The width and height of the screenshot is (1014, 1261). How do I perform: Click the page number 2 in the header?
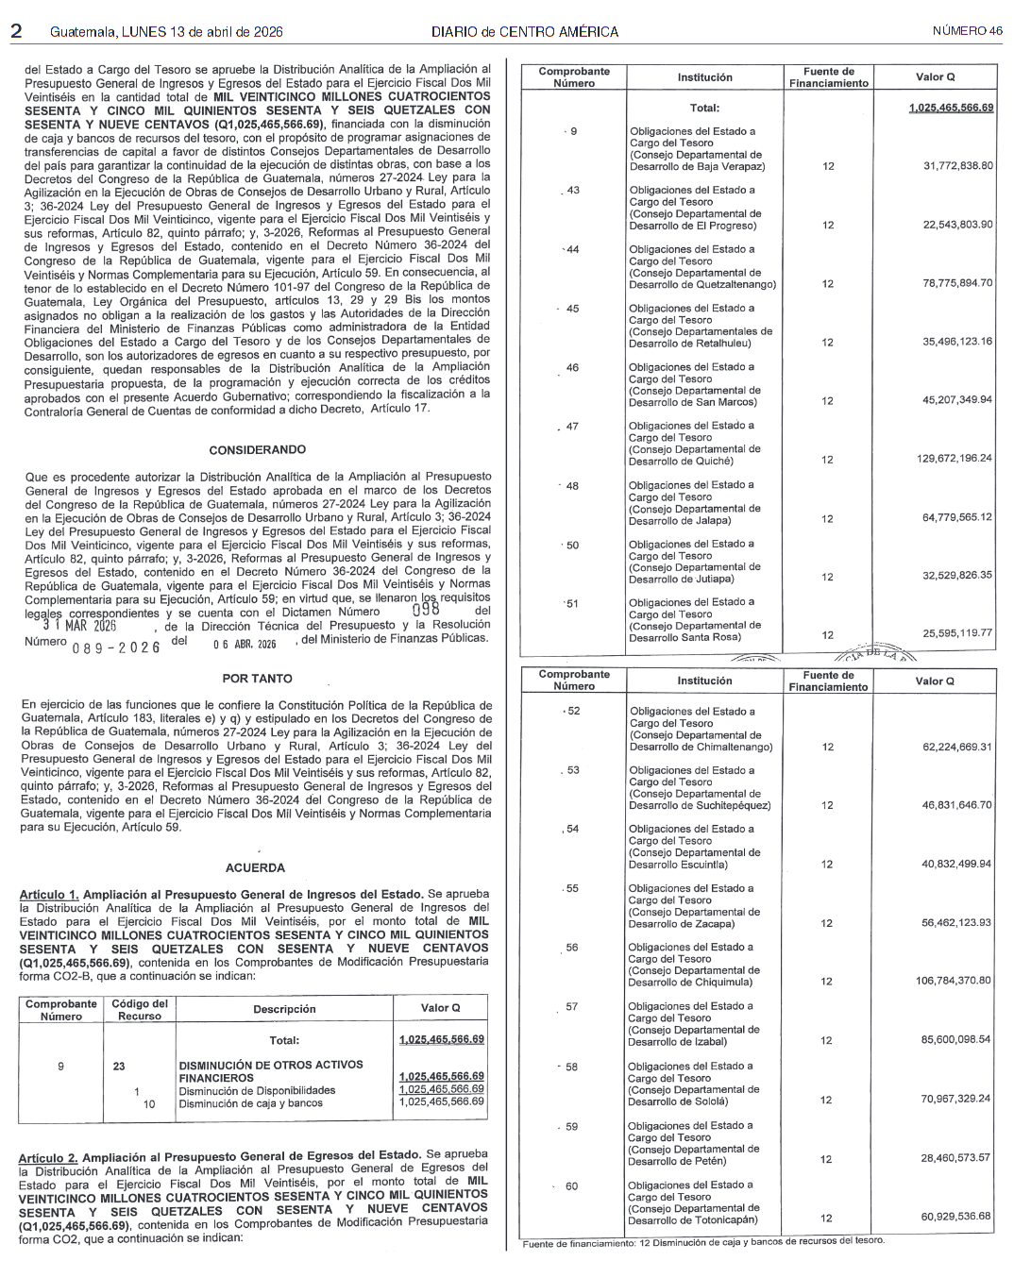coord(16,30)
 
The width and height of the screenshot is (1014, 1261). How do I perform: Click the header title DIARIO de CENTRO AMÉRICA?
coord(525,32)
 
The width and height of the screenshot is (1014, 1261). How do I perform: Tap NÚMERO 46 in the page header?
coord(967,31)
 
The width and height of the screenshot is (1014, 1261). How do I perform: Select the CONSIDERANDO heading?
coord(258,450)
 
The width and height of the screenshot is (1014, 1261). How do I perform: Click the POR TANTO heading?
coord(257,679)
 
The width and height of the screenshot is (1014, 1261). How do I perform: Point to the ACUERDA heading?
coord(255,867)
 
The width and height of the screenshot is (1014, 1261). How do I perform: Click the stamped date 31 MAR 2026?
coord(79,626)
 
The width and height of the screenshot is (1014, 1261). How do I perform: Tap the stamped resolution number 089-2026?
coord(116,647)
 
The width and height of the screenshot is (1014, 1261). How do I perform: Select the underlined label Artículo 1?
coord(49,894)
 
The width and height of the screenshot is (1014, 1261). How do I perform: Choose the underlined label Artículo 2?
coord(49,1155)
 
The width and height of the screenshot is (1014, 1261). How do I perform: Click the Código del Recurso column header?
coord(140,1010)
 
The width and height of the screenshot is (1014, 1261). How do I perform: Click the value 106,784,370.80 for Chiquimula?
coord(953,981)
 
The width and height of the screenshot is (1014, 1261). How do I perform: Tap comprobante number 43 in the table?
coord(573,191)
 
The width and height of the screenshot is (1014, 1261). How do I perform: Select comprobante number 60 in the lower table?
coord(571,1186)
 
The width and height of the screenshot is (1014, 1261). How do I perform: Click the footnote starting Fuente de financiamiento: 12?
coord(703,1241)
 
